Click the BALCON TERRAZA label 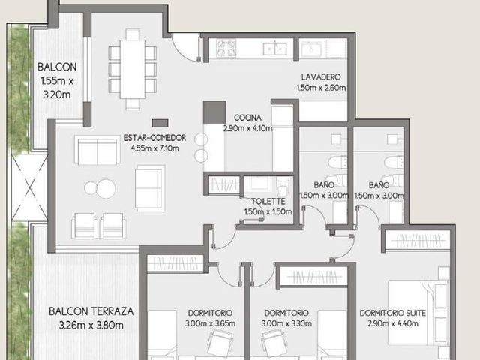coord(91,311)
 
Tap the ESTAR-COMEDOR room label coord(154,138)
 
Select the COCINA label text coord(247,118)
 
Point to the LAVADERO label coord(321,76)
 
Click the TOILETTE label coord(268,202)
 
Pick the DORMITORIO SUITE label coord(393,313)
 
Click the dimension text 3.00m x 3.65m coord(210,323)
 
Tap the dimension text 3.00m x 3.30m coord(286,323)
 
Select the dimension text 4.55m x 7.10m coord(155,148)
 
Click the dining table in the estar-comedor coord(132,69)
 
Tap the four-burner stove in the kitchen coord(226,48)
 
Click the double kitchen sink coord(275,49)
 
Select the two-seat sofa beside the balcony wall coord(97,150)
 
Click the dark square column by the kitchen coord(214,112)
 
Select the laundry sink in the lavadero coord(312,49)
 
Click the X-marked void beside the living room coord(30,187)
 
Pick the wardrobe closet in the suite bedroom coord(418,241)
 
